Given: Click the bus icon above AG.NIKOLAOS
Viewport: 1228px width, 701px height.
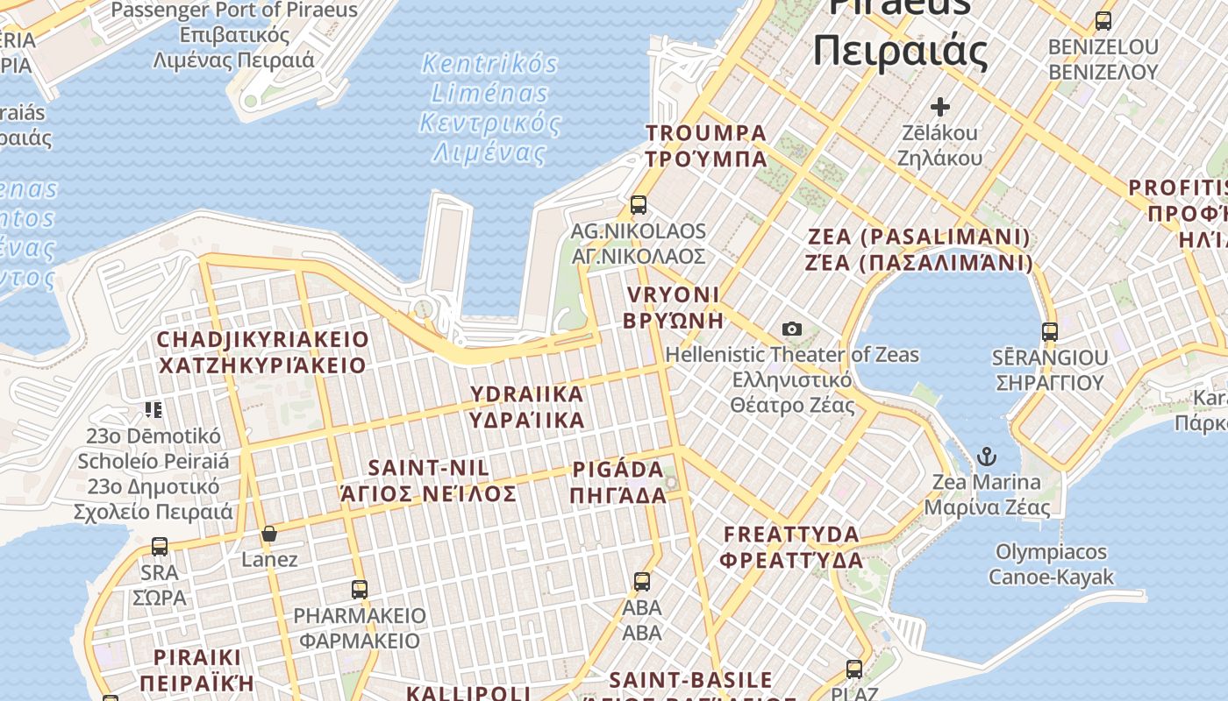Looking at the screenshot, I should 639,205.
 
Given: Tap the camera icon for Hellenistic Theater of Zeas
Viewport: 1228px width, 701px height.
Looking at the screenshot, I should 792,329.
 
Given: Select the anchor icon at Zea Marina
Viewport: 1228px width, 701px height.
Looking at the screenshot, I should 988,457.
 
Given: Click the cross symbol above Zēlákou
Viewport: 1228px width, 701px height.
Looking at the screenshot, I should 940,107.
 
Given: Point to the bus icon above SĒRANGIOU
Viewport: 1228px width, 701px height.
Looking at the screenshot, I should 1050,332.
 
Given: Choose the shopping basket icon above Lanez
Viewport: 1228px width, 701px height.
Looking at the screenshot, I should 269,534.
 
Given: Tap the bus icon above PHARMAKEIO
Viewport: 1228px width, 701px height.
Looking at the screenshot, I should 360,590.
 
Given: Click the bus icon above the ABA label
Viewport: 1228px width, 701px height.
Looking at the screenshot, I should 642,582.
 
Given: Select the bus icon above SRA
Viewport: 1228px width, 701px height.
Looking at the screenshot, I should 160,547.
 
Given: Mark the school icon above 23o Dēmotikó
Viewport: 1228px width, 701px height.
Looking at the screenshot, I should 154,409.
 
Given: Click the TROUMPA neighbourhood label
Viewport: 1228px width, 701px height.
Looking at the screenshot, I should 706,145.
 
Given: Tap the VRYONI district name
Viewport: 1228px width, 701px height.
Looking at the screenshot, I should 673,307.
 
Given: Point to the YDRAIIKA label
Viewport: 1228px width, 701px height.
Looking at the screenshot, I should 526,407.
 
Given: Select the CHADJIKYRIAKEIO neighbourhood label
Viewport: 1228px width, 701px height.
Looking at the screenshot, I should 262,352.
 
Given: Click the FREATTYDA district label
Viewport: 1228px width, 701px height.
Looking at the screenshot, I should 792,547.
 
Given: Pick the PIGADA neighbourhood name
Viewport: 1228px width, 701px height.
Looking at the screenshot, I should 618,482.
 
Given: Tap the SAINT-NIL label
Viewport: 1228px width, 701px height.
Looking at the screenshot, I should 429,480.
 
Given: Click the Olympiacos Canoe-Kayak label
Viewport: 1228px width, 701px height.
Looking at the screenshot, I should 1051,564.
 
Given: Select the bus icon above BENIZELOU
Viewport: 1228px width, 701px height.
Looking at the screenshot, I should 1103,21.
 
